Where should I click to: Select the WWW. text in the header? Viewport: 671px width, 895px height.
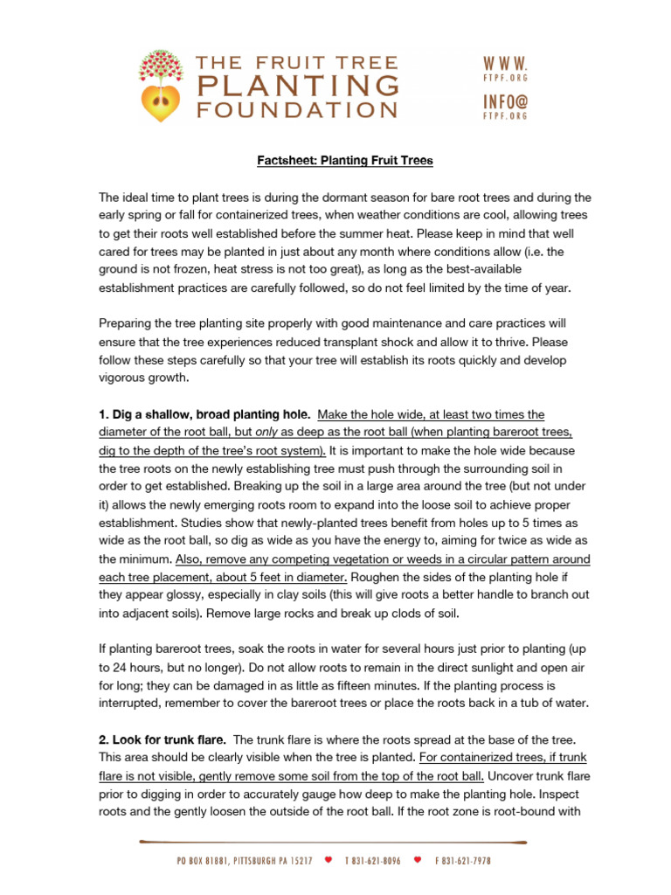pyautogui.click(x=505, y=64)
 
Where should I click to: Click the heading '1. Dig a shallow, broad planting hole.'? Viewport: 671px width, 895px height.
pyautogui.click(x=204, y=413)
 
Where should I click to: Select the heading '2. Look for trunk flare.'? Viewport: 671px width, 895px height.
pyautogui.click(x=163, y=740)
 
